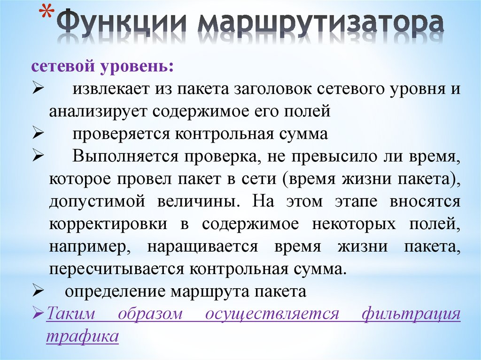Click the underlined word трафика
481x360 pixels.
tap(82, 337)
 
